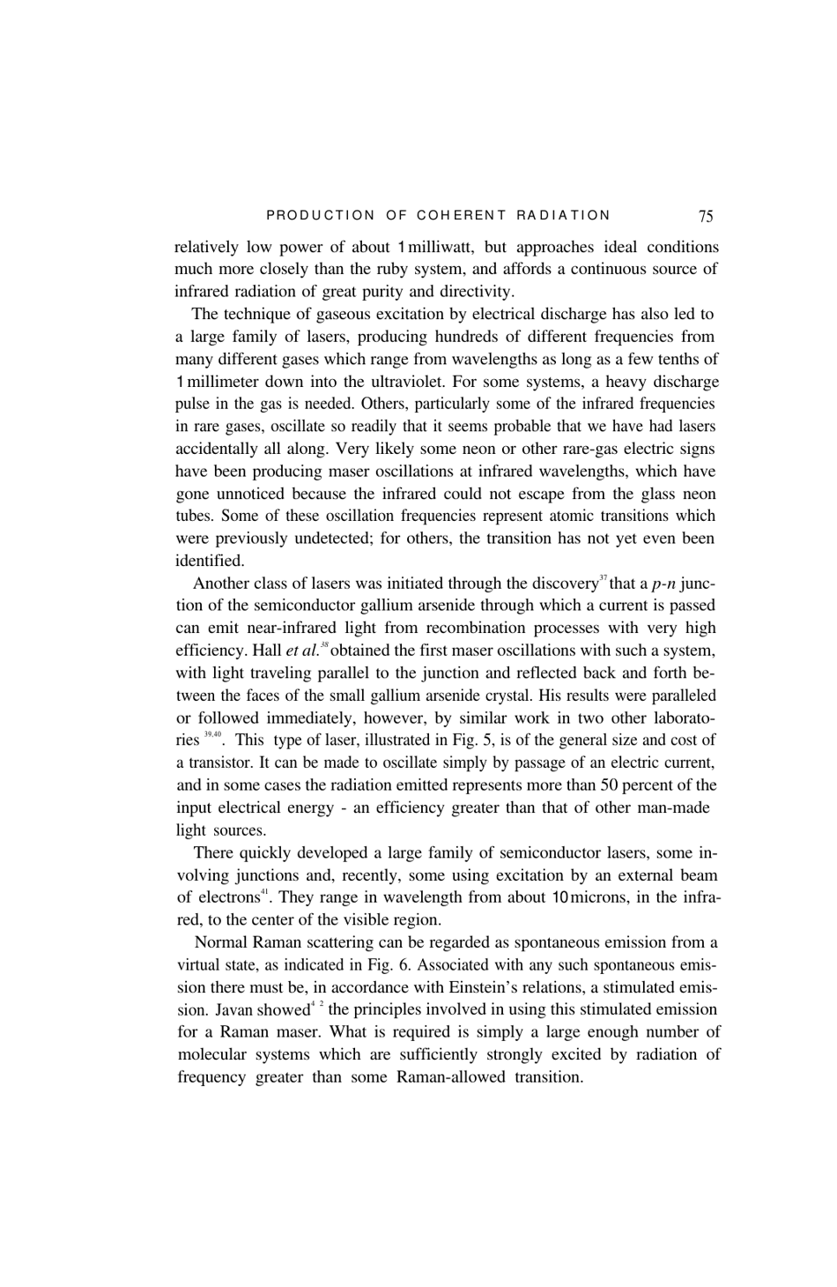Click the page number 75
(x=706, y=215)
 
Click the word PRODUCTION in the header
(x=320, y=215)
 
